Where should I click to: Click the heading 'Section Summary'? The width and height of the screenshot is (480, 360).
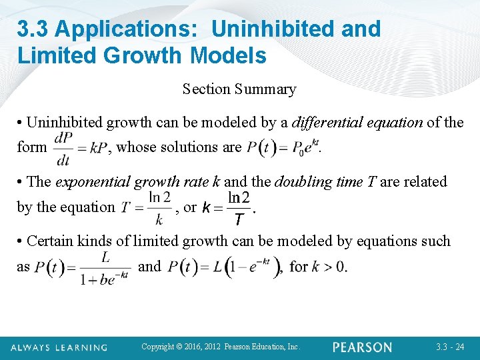239,89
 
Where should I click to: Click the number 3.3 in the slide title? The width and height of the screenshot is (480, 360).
33,29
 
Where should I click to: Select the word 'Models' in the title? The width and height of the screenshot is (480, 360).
229,55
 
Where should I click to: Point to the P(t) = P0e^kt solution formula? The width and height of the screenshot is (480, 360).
283,147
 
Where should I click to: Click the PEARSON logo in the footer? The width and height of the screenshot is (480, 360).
363,347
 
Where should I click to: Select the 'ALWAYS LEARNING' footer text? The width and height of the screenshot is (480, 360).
59,348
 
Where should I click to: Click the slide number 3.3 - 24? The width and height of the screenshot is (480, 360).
450,347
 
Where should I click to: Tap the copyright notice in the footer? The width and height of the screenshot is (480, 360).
221,347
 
